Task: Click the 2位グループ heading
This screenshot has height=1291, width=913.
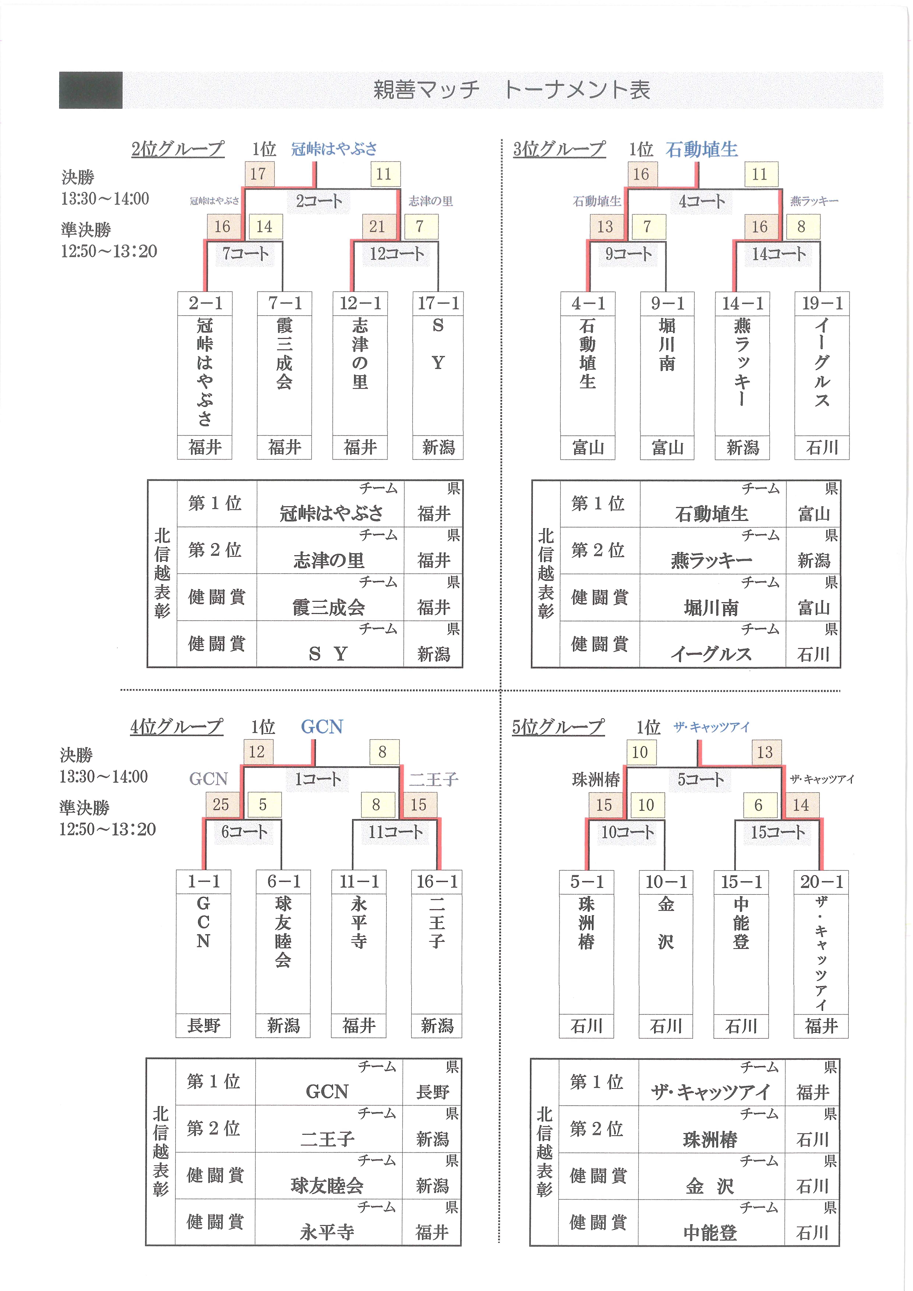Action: tap(178, 149)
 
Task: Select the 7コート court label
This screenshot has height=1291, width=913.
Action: tap(245, 254)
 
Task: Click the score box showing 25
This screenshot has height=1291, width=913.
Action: tap(221, 805)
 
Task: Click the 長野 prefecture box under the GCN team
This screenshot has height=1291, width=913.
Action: tap(204, 1026)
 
